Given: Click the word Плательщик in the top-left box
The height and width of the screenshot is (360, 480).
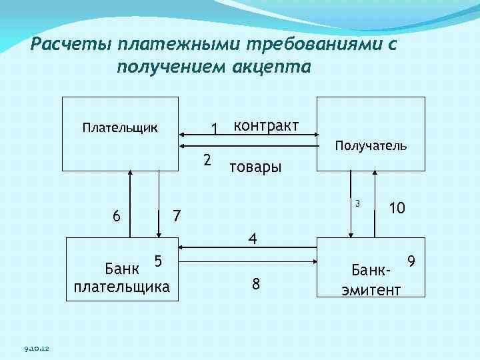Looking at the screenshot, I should coord(120,127).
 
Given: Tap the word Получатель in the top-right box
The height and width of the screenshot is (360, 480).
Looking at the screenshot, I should coord(371,145).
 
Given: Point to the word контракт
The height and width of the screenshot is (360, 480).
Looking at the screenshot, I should coord(265,126).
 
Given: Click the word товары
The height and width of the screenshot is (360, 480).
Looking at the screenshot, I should coord(255,167).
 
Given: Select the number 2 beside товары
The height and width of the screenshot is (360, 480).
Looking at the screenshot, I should coord(207,160).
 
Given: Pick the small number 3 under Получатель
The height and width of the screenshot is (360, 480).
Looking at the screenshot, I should coord(357,203).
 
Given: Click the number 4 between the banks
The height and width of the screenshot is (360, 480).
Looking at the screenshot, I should coord(253,238).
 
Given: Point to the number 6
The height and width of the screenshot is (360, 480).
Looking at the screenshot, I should coord(117,216).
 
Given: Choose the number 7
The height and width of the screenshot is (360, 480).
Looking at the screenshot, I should coord(176,216).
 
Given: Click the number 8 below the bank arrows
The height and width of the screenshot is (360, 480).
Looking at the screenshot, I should coord(256,285).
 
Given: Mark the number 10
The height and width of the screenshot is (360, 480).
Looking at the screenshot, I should coord(397,208).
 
